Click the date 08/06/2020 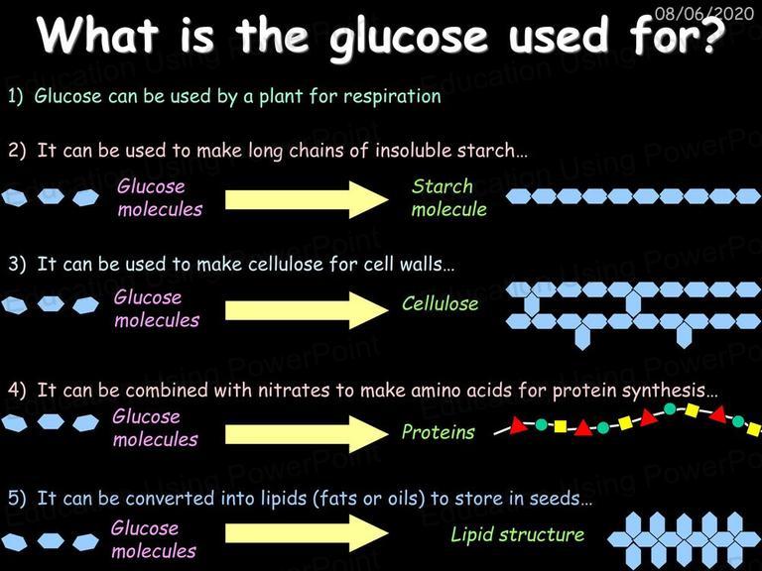(703, 13)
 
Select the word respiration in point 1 (392, 96)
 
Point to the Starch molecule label (448, 197)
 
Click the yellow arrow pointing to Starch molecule (307, 199)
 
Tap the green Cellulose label (440, 303)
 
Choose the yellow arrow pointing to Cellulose (307, 310)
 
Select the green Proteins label (438, 431)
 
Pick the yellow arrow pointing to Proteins (307, 434)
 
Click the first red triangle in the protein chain (518, 426)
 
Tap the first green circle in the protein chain (542, 425)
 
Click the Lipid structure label (517, 534)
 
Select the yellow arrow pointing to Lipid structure (307, 533)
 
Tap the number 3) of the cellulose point (17, 264)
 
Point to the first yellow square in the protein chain (561, 426)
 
